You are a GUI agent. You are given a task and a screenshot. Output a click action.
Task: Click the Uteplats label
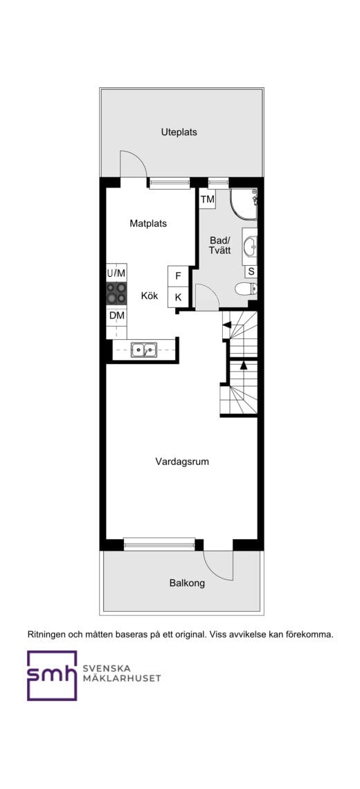(179, 132)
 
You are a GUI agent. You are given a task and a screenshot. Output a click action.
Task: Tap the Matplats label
(148, 224)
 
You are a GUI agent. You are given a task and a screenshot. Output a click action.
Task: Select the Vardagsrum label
(182, 462)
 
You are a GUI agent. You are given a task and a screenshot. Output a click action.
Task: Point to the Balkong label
(187, 583)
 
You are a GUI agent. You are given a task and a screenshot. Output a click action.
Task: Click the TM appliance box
(208, 199)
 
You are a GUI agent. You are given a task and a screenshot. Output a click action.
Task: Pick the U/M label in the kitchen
(116, 273)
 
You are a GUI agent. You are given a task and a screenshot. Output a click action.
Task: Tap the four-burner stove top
(116, 293)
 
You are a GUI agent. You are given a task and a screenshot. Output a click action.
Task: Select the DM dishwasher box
(116, 316)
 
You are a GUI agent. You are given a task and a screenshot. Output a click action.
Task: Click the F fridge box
(178, 275)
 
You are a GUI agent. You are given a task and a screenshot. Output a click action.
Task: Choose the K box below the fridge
(178, 297)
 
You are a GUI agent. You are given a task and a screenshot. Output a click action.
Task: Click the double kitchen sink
(144, 350)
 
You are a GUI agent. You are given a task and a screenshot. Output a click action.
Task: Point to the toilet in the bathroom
(246, 289)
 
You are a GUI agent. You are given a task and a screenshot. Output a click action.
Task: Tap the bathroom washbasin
(250, 246)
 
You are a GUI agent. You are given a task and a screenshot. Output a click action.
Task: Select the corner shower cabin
(244, 204)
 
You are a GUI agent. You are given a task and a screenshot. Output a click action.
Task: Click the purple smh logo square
(52, 675)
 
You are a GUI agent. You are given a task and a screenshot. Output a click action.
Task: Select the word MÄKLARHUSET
(121, 678)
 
